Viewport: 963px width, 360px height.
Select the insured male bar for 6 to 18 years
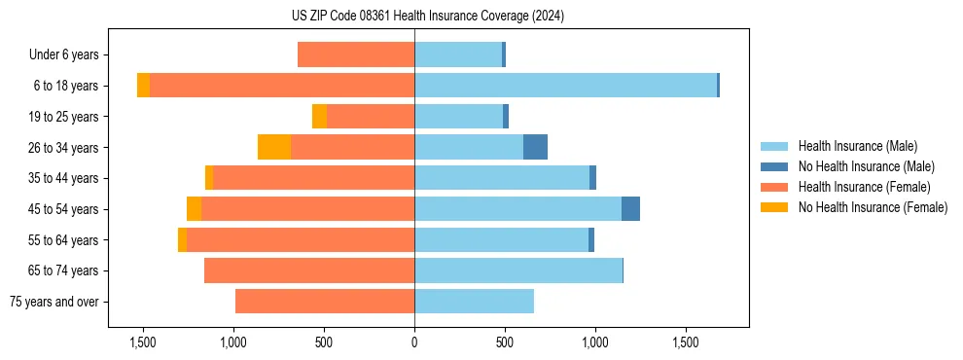[565, 86]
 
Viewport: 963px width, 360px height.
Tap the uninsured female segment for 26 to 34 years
[274, 147]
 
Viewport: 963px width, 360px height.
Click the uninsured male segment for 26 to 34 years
[535, 147]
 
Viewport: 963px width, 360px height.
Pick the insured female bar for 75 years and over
[325, 302]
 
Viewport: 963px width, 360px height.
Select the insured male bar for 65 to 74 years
[518, 270]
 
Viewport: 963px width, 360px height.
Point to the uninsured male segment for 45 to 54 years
[630, 209]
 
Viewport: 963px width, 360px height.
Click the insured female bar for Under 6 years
[356, 54]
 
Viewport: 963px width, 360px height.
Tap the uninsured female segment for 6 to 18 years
[143, 86]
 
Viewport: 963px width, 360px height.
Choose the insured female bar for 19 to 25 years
[371, 117]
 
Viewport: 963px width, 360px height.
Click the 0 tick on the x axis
[414, 342]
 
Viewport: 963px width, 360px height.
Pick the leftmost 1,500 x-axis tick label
[143, 342]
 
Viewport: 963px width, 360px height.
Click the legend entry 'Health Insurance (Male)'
[857, 146]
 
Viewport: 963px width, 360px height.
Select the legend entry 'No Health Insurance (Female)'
[873, 207]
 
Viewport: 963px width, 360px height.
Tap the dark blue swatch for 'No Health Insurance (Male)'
[775, 166]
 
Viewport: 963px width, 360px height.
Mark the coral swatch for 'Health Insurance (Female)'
[775, 187]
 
